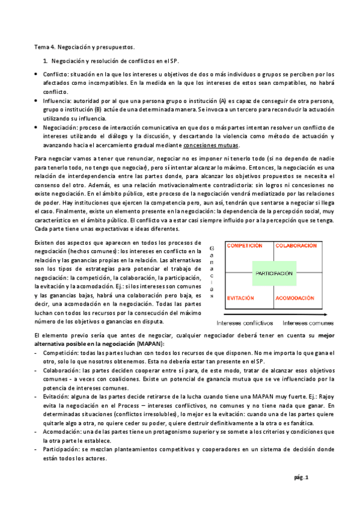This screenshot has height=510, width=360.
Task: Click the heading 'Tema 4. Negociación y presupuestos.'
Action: tap(84, 46)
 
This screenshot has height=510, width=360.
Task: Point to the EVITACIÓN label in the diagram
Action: tap(242, 298)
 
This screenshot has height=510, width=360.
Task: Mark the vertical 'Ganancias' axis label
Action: tap(212, 271)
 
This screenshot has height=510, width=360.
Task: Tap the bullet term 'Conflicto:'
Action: tap(57, 74)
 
